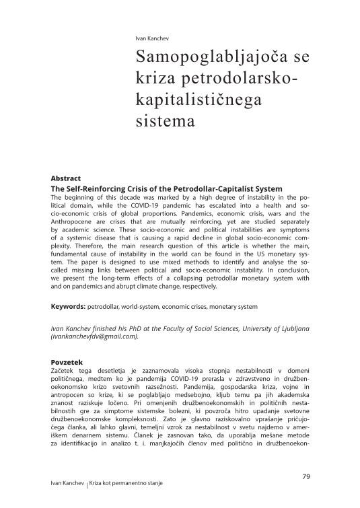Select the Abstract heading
65,178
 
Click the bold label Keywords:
68,307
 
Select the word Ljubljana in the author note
291,327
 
